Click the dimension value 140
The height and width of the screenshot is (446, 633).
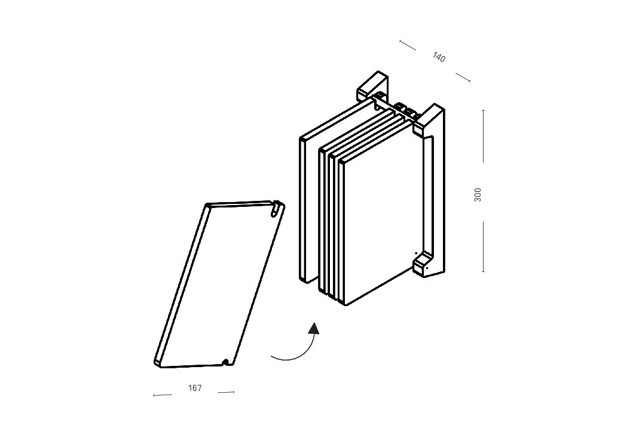pyautogui.click(x=439, y=57)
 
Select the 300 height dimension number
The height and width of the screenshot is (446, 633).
pyautogui.click(x=478, y=195)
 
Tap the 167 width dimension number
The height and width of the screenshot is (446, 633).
pyautogui.click(x=195, y=388)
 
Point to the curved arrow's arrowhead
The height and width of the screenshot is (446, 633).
pyautogui.click(x=313, y=328)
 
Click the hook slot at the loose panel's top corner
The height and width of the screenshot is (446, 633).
pyautogui.click(x=277, y=207)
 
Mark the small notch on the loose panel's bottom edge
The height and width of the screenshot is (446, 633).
pyautogui.click(x=228, y=362)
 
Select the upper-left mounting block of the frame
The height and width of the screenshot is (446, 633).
pyautogui.click(x=372, y=85)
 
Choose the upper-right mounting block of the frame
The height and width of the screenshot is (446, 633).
pyautogui.click(x=429, y=118)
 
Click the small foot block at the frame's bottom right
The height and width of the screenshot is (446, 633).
pyautogui.click(x=422, y=264)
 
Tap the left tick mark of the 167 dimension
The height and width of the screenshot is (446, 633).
pyautogui.click(x=154, y=395)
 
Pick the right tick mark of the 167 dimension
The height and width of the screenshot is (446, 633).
pyautogui.click(x=234, y=392)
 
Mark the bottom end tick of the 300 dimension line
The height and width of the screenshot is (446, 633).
pyautogui.click(x=483, y=271)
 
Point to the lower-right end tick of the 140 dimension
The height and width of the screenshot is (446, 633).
pyautogui.click(x=469, y=81)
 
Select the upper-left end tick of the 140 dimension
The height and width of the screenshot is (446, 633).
pyautogui.click(x=400, y=41)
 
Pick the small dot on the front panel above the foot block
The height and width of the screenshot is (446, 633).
pyautogui.click(x=416, y=253)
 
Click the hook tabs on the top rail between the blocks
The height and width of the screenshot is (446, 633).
pyautogui.click(x=405, y=110)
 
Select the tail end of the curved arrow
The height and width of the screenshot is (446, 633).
pyautogui.click(x=272, y=356)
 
